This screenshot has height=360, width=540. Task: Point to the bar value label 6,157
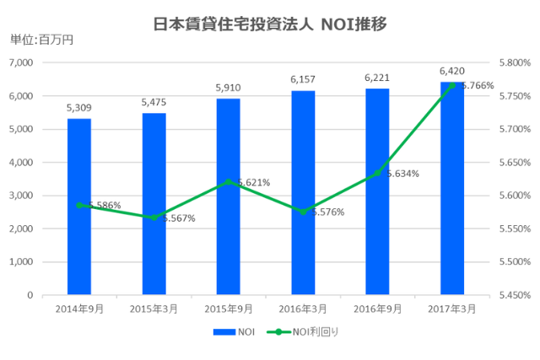click(303, 79)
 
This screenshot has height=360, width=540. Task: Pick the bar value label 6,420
click(452, 71)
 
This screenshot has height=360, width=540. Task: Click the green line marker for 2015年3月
click(154, 218)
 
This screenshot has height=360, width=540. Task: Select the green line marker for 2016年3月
click(303, 212)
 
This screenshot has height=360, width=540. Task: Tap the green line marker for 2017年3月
click(452, 85)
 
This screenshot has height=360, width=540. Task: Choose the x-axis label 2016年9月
click(377, 309)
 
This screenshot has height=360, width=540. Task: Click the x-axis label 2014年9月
click(78, 309)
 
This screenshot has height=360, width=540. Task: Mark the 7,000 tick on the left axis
click(19, 63)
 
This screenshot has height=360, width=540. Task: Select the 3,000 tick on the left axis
click(19, 196)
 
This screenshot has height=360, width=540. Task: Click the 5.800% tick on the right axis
click(515, 63)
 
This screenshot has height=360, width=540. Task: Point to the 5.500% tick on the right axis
click(515, 262)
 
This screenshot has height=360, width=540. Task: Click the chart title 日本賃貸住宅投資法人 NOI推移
click(270, 24)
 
